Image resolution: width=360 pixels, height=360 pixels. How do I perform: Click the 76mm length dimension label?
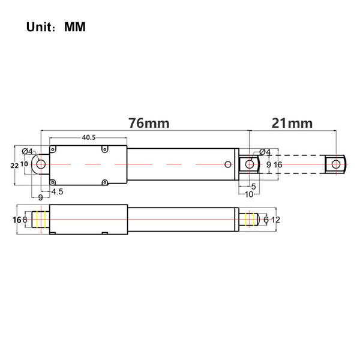[x=149, y=123]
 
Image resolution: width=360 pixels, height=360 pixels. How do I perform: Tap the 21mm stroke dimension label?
[x=292, y=123]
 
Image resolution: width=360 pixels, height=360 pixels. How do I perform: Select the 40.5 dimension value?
[x=89, y=137]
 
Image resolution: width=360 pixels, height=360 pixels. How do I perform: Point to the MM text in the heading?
[x=75, y=27]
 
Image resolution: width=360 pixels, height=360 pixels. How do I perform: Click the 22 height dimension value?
[x=14, y=166]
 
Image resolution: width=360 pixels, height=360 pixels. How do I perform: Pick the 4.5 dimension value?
[x=57, y=191]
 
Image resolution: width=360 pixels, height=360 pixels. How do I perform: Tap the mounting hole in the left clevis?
[x=41, y=164]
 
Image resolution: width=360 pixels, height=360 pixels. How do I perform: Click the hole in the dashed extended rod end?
[x=336, y=164]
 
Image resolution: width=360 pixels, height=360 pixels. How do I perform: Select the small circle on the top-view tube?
[x=228, y=164]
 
